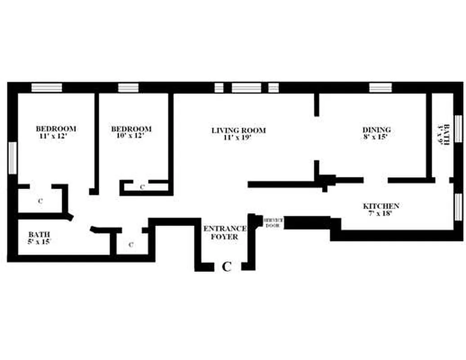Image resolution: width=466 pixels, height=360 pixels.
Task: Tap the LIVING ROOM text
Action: tap(238, 130)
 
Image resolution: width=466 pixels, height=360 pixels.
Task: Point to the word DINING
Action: tap(376, 130)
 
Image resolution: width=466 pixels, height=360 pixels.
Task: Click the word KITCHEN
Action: tap(381, 206)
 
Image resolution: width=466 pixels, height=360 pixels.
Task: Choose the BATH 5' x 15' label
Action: tap(39, 238)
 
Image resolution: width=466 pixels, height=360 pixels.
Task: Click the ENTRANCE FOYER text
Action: tap(225, 232)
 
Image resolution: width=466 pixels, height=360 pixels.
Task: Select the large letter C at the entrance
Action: tap(227, 267)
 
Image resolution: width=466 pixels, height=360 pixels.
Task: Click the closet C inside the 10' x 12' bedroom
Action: tap(142, 187)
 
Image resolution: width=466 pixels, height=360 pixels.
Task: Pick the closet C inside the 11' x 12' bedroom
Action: tap(40, 201)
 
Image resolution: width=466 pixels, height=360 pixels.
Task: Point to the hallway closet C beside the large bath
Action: tap(131, 245)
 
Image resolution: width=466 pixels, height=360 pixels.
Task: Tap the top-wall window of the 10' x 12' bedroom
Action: tap(128, 87)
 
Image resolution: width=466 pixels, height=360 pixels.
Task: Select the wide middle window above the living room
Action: tap(246, 87)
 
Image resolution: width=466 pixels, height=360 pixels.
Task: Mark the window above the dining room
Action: tap(381, 87)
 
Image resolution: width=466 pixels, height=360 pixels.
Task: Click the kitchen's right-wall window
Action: tap(458, 207)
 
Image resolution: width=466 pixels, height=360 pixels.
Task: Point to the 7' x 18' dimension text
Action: tap(381, 214)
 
